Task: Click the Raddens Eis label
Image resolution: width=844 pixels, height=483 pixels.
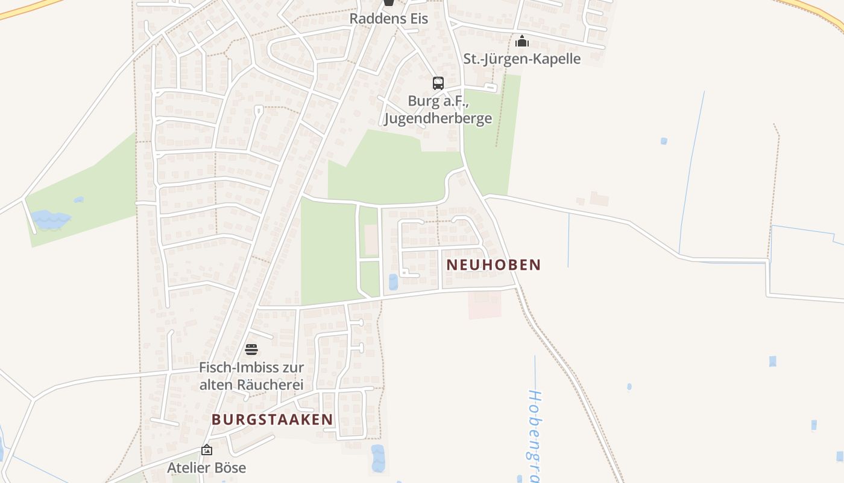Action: pos(389,19)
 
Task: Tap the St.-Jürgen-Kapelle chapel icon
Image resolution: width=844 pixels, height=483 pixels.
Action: pos(522,41)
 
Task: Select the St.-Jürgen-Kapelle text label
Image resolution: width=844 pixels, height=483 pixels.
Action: pos(521,59)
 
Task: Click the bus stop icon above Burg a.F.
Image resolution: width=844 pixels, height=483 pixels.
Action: pos(438,83)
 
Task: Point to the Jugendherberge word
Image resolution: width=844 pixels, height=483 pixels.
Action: pos(438,118)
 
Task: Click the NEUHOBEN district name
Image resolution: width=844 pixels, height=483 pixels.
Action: pos(494,265)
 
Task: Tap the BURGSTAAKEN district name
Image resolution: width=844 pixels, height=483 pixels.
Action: pos(272,419)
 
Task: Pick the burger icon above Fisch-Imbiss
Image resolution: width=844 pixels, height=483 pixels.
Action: pos(251,350)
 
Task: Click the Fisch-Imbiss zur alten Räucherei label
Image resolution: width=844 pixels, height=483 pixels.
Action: pos(251,376)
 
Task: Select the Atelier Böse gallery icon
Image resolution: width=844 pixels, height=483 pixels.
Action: pos(207,450)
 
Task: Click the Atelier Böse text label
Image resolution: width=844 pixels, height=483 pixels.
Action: pos(207,467)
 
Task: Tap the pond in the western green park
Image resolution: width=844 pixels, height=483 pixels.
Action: pos(49,219)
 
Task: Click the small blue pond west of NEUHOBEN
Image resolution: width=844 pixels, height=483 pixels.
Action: pos(393,281)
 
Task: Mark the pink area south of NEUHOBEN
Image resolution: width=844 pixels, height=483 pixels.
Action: pos(485,304)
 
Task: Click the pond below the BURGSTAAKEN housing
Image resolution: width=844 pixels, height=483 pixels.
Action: pos(378,458)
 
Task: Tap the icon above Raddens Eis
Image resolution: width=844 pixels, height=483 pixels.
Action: pos(389,2)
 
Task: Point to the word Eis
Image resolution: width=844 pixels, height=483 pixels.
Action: pos(417,19)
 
